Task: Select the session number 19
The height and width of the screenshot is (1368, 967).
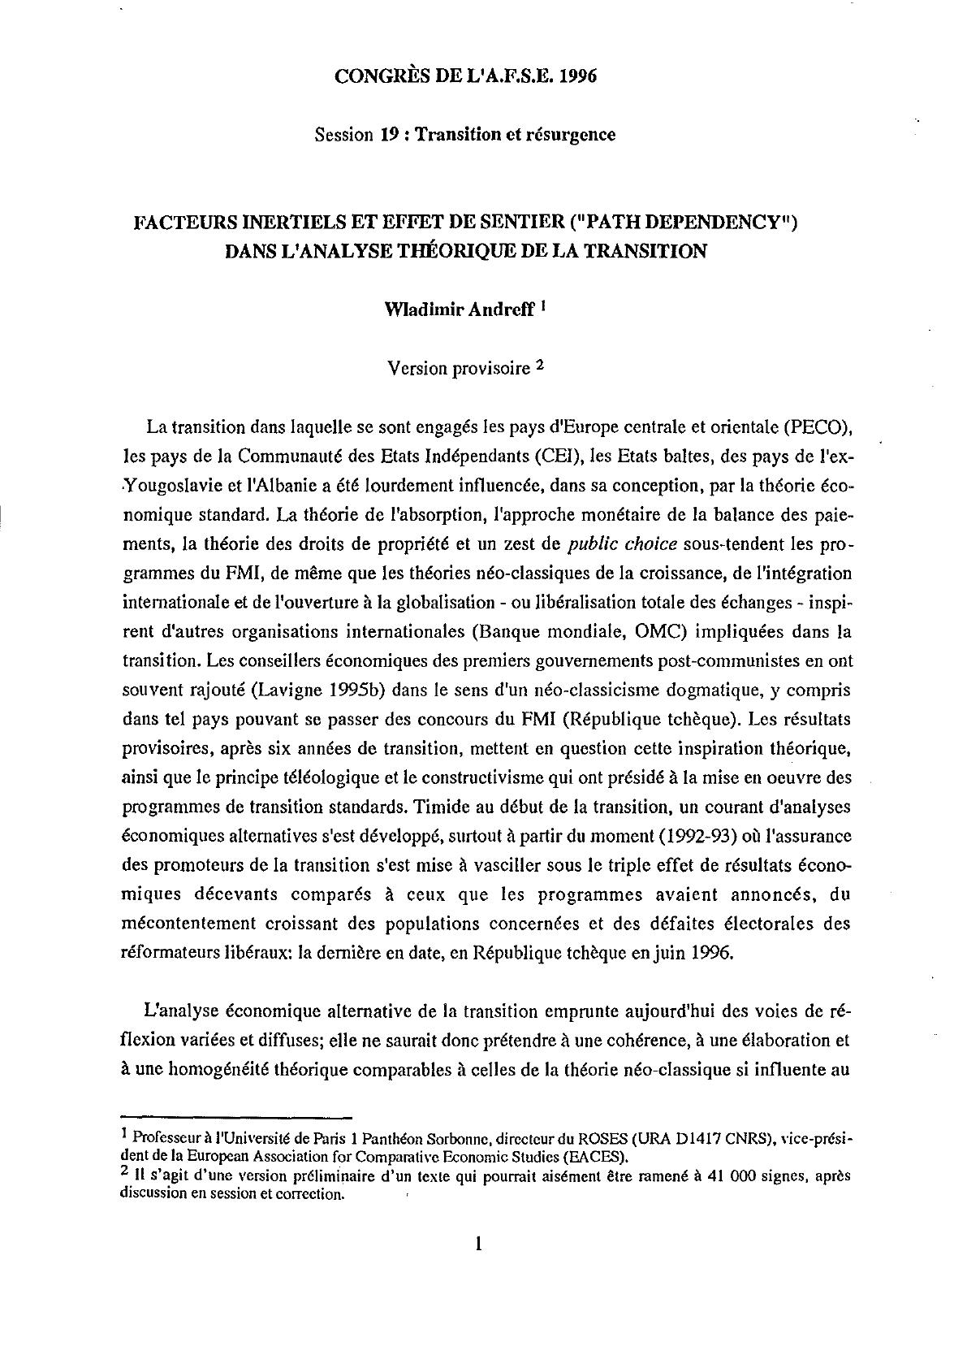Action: [x=387, y=134]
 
